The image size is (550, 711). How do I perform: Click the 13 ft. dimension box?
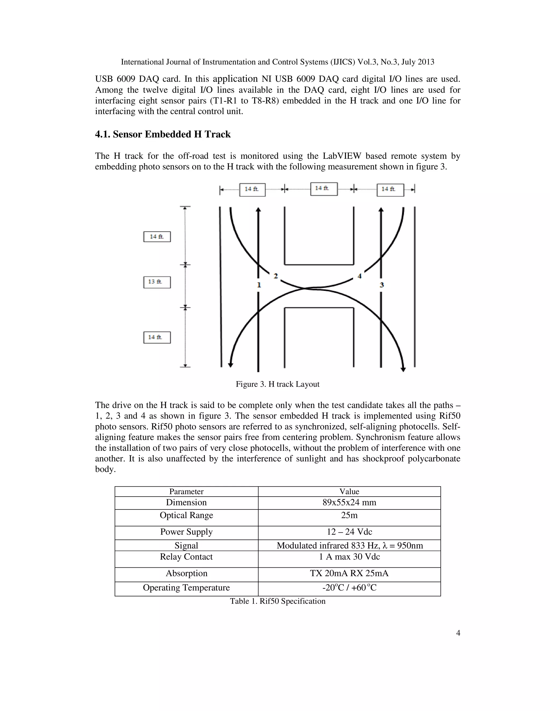157,282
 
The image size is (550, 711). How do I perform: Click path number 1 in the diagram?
259,285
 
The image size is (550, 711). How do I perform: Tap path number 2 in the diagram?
276,276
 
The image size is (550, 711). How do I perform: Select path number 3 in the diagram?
382,285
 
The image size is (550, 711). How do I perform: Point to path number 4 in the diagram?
359,276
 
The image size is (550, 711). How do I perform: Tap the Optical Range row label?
186,515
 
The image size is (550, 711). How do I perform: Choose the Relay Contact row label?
186,557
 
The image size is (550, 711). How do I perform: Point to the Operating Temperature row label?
186,588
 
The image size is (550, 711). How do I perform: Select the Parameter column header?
186,492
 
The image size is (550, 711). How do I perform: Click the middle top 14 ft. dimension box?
324,189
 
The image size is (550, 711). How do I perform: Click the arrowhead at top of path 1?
258,210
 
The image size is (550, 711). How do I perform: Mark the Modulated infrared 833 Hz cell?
350,546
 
